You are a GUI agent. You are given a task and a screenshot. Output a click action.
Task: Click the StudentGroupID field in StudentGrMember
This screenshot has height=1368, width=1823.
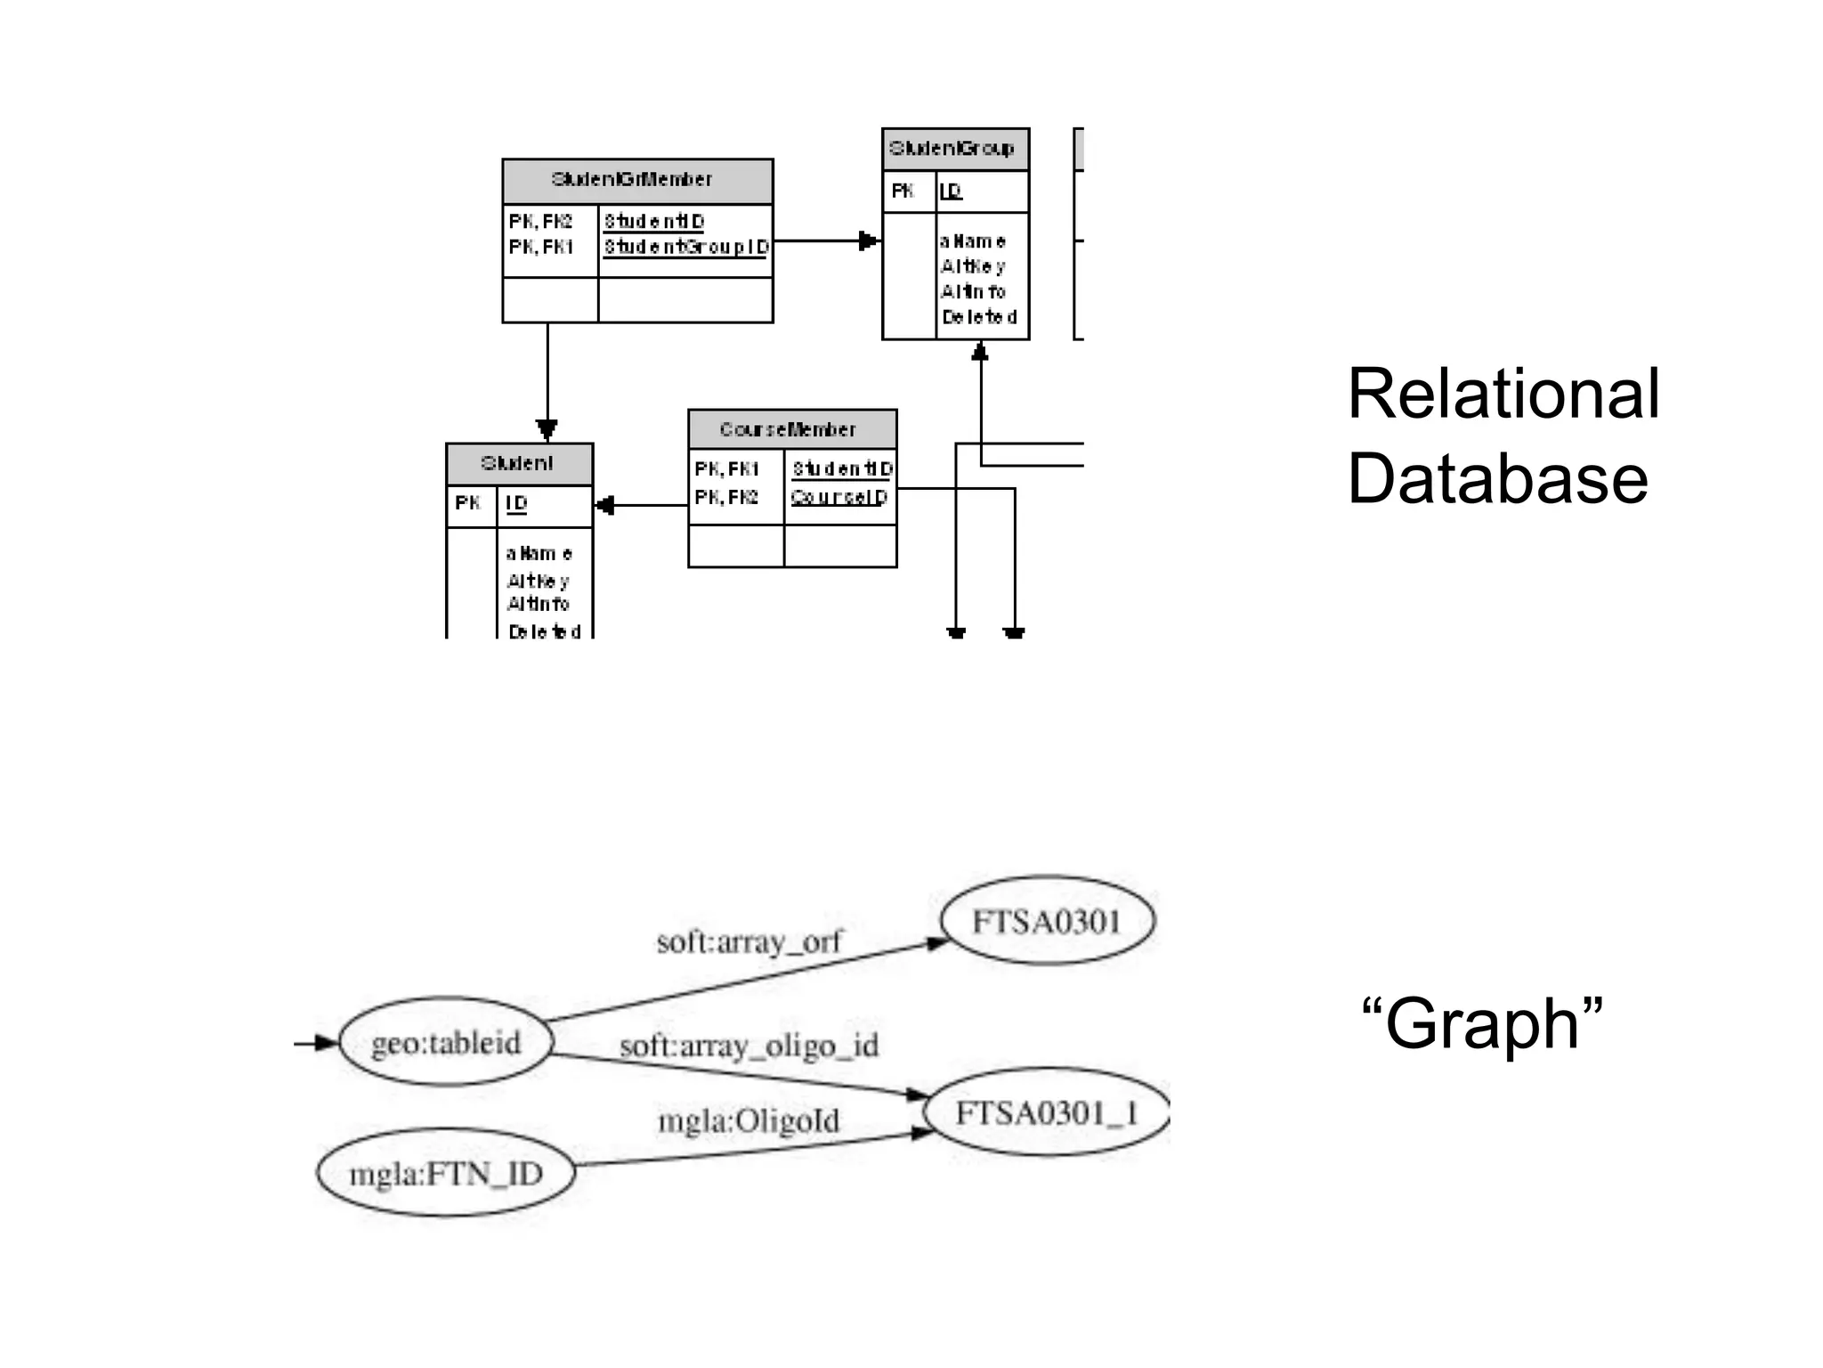(x=685, y=247)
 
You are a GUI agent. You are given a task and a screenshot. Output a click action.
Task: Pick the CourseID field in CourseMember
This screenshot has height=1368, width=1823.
(x=839, y=497)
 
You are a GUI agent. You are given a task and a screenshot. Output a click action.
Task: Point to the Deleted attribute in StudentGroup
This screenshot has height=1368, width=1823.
(x=979, y=317)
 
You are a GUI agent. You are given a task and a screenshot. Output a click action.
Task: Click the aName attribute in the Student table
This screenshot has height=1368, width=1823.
(x=539, y=553)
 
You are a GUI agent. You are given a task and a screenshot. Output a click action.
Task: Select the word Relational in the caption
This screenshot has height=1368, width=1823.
(x=1503, y=394)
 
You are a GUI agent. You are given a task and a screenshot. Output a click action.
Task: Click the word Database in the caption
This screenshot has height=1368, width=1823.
(x=1497, y=478)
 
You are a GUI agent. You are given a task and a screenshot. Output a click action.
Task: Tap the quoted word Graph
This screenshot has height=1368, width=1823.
(x=1482, y=1023)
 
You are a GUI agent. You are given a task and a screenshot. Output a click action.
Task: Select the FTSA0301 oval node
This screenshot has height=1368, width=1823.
(x=1047, y=921)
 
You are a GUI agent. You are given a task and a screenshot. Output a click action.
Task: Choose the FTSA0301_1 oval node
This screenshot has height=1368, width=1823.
(x=1047, y=1112)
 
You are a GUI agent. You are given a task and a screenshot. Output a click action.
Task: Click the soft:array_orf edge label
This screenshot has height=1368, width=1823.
(x=749, y=941)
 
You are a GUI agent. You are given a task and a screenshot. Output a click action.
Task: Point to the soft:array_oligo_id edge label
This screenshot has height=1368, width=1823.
(x=749, y=1045)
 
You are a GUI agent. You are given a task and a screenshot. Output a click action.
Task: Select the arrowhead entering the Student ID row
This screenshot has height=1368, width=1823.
(x=605, y=506)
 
